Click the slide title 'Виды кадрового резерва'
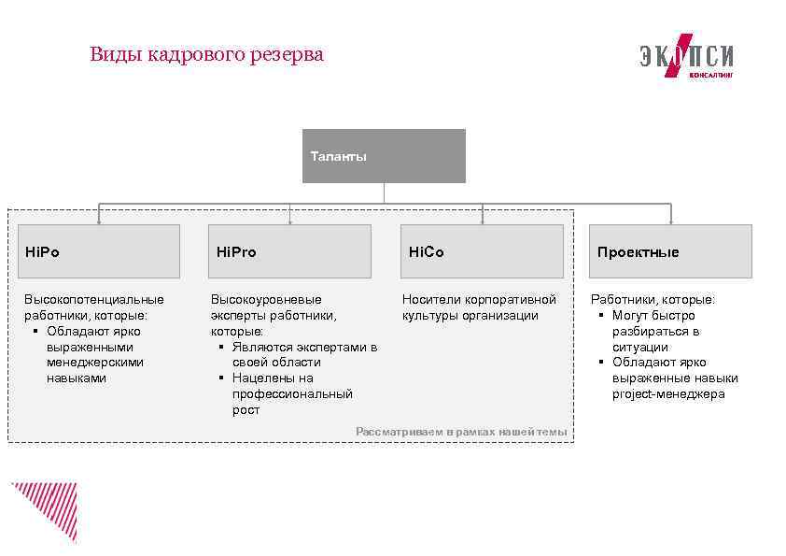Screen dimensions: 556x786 (206, 54)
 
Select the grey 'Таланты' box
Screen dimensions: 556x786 (384, 156)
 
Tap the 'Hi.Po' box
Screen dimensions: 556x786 (99, 251)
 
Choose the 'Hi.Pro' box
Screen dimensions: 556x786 (289, 251)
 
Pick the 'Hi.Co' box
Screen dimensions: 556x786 (482, 251)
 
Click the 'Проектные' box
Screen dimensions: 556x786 (670, 251)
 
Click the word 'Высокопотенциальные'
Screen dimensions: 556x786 (93, 299)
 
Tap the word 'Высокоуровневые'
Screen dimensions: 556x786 (265, 299)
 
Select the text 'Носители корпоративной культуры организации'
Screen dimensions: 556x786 (478, 307)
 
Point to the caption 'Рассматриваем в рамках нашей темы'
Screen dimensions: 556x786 (461, 432)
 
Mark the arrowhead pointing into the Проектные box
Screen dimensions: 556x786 (670, 222)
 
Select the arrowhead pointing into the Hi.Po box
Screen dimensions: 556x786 (99, 222)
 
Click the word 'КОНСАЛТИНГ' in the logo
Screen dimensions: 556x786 (710, 74)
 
